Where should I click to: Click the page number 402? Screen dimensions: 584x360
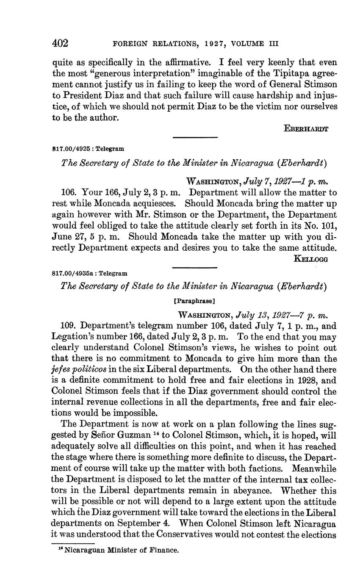click(x=60, y=43)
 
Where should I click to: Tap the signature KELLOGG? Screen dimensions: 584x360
click(x=310, y=258)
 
